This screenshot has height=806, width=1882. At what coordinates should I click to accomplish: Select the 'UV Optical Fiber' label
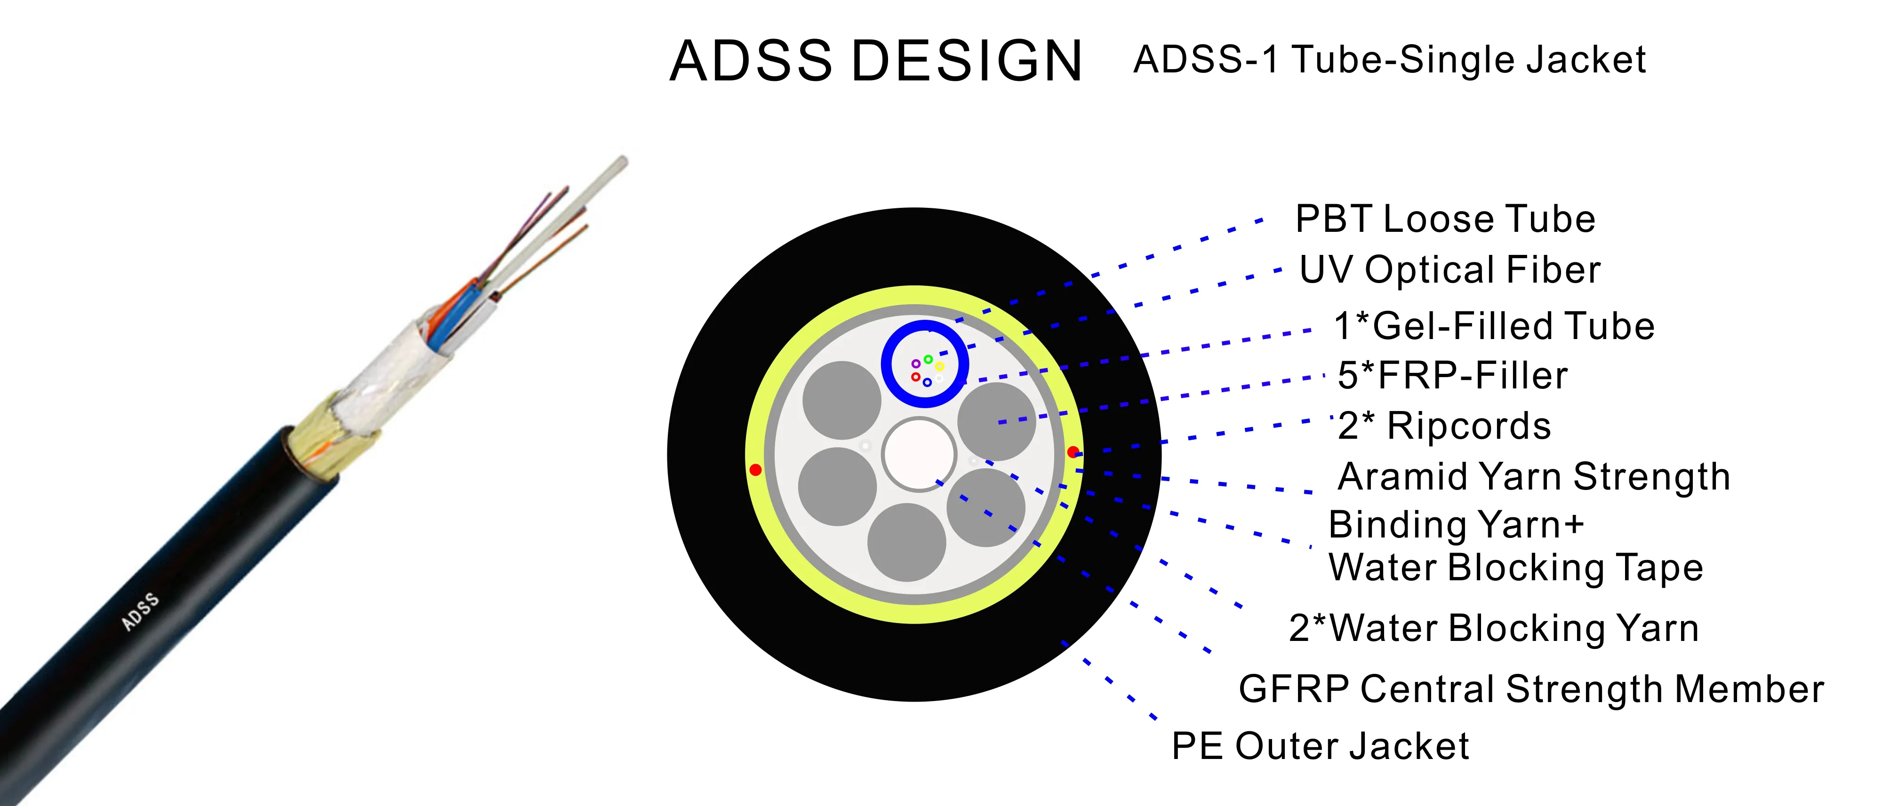click(x=1450, y=270)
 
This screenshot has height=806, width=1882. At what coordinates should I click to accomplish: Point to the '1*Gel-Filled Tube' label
click(x=1494, y=326)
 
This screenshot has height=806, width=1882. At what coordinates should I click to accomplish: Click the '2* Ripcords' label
click(x=1444, y=426)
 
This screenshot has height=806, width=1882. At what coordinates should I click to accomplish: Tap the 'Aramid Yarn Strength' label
click(x=1534, y=477)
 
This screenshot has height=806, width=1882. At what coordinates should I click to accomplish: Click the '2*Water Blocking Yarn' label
click(x=1493, y=628)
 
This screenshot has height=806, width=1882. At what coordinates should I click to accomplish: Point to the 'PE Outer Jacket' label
click(x=1320, y=746)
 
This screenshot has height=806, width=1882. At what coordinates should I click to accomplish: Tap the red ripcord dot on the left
click(x=755, y=469)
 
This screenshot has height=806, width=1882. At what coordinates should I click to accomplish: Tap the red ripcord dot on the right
click(x=1073, y=452)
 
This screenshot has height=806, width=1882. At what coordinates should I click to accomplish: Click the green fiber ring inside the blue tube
click(x=928, y=359)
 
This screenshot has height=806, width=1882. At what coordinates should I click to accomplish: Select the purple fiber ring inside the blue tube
click(x=915, y=363)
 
